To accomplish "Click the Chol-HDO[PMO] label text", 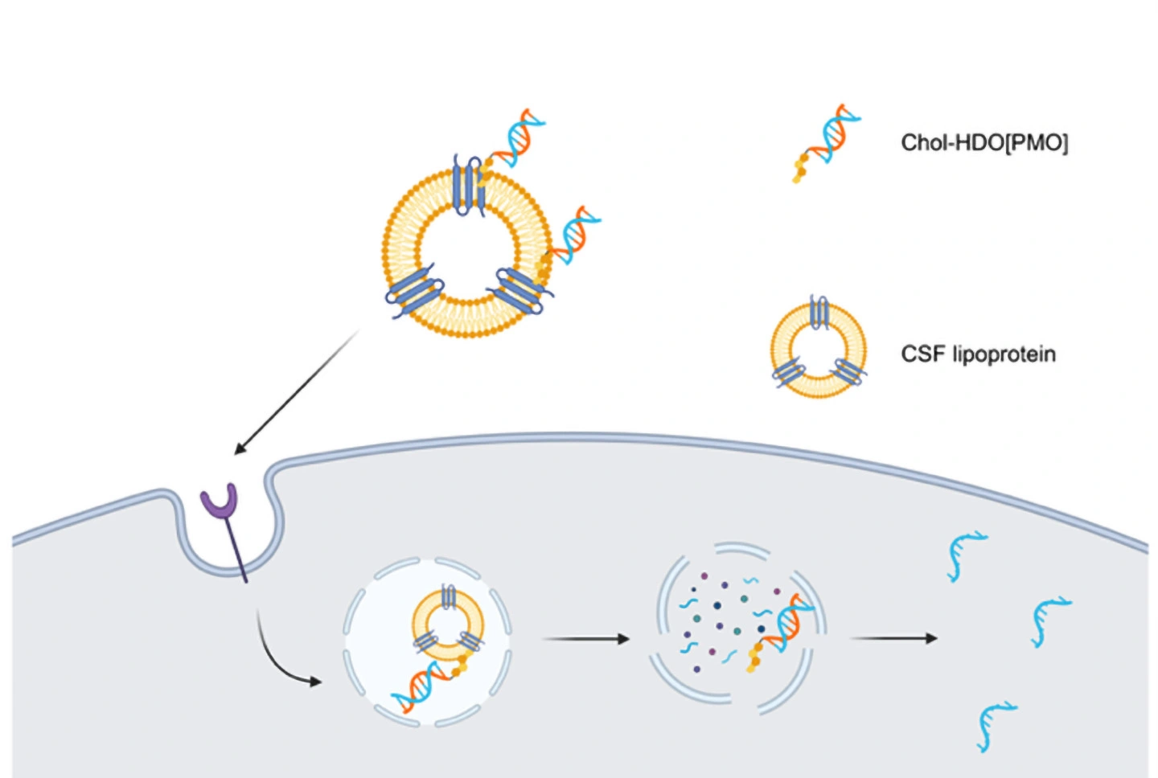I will pyautogui.click(x=983, y=143).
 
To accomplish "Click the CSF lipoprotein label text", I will pyautogui.click(x=978, y=354).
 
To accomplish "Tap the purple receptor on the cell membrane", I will pyautogui.click(x=220, y=502).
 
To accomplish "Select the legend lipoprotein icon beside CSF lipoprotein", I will pyautogui.click(x=819, y=350).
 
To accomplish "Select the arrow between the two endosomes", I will pyautogui.click(x=585, y=639).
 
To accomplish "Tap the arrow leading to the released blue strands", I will pyautogui.click(x=893, y=638).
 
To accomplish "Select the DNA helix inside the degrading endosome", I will pyautogui.click(x=784, y=627).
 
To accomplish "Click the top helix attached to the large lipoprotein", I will pyautogui.click(x=517, y=137).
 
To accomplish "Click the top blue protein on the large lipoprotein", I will pyautogui.click(x=467, y=185).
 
